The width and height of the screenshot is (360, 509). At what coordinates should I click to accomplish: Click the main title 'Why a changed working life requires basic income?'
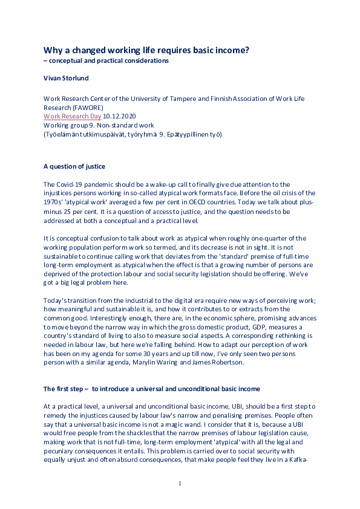coord(146,50)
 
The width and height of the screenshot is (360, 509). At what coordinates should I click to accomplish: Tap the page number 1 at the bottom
coord(180,484)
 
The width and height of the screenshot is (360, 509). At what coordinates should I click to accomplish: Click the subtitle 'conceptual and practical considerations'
coord(110,60)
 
